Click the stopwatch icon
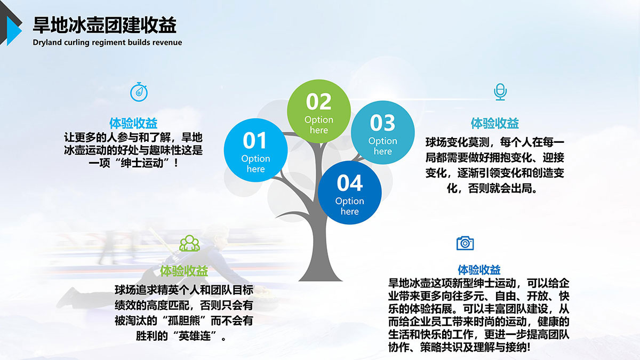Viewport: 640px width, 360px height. [139, 92]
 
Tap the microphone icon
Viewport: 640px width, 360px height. [500, 92]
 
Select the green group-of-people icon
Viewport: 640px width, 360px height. [189, 243]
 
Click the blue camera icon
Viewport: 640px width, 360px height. [465, 243]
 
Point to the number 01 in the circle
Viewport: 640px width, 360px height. [254, 141]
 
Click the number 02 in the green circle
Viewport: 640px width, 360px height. [318, 102]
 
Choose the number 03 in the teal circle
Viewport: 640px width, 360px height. [382, 123]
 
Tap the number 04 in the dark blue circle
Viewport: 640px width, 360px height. [350, 183]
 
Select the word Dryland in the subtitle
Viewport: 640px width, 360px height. [47, 43]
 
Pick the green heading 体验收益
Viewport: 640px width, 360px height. [183, 271]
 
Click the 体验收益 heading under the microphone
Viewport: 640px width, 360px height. [495, 123]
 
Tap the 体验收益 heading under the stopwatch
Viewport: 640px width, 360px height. [133, 123]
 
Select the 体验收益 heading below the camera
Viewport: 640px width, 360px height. [479, 270]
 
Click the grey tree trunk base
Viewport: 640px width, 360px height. [320, 274]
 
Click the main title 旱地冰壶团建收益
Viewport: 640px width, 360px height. [105, 25]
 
